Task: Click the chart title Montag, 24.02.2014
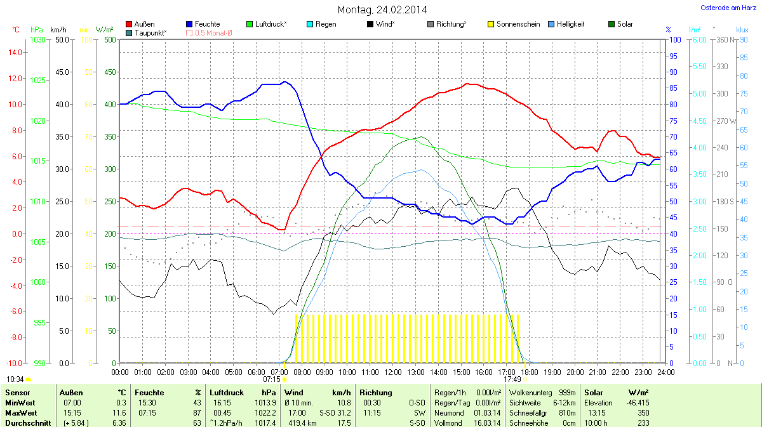pos(382,10)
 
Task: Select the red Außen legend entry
pos(144,24)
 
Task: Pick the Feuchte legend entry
pos(207,24)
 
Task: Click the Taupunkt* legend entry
pos(150,32)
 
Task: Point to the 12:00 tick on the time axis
pos(393,371)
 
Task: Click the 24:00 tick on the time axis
pos(665,371)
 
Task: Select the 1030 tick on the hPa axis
pos(38,40)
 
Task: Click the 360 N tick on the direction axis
pos(724,40)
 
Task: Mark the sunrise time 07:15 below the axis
pos(271,379)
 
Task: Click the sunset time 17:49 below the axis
pos(512,379)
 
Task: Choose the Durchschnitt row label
pos(28,423)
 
